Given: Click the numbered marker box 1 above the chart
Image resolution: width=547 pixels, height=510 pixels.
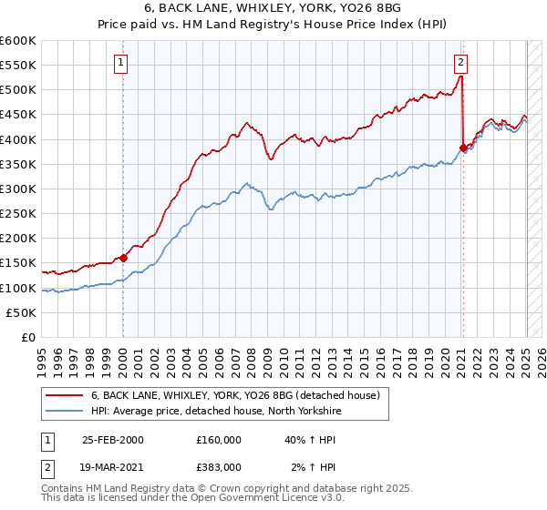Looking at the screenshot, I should click(x=121, y=63).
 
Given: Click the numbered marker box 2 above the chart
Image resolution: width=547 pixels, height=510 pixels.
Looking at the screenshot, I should click(x=461, y=63).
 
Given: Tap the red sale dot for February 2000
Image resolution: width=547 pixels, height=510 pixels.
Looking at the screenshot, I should click(x=123, y=258).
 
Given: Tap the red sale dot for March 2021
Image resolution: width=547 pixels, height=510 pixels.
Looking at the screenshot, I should click(x=463, y=148).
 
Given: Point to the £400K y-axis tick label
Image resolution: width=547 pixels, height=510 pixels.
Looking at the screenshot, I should click(x=17, y=139).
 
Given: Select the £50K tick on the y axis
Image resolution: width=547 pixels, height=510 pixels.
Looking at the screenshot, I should click(x=21, y=312).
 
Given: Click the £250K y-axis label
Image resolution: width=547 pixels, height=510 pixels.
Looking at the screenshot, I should click(x=17, y=213).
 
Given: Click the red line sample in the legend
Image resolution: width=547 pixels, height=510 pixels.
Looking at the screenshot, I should click(x=65, y=395).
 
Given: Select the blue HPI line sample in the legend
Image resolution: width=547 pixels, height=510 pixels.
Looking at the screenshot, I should click(x=65, y=411).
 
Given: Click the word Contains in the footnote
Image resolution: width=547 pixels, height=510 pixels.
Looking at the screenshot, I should click(x=63, y=490).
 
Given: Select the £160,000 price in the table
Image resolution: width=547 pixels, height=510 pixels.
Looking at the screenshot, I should click(x=218, y=440).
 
